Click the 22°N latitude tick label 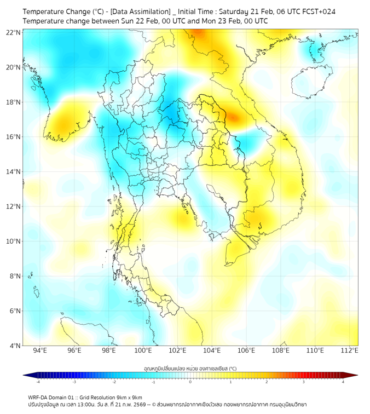click(14, 32)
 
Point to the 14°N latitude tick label click(14, 171)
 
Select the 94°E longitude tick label click(40, 350)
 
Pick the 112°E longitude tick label click(349, 350)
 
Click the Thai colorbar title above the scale click(190, 369)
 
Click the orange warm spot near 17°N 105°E click(233, 117)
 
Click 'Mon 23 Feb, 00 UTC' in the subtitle click(233, 21)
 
